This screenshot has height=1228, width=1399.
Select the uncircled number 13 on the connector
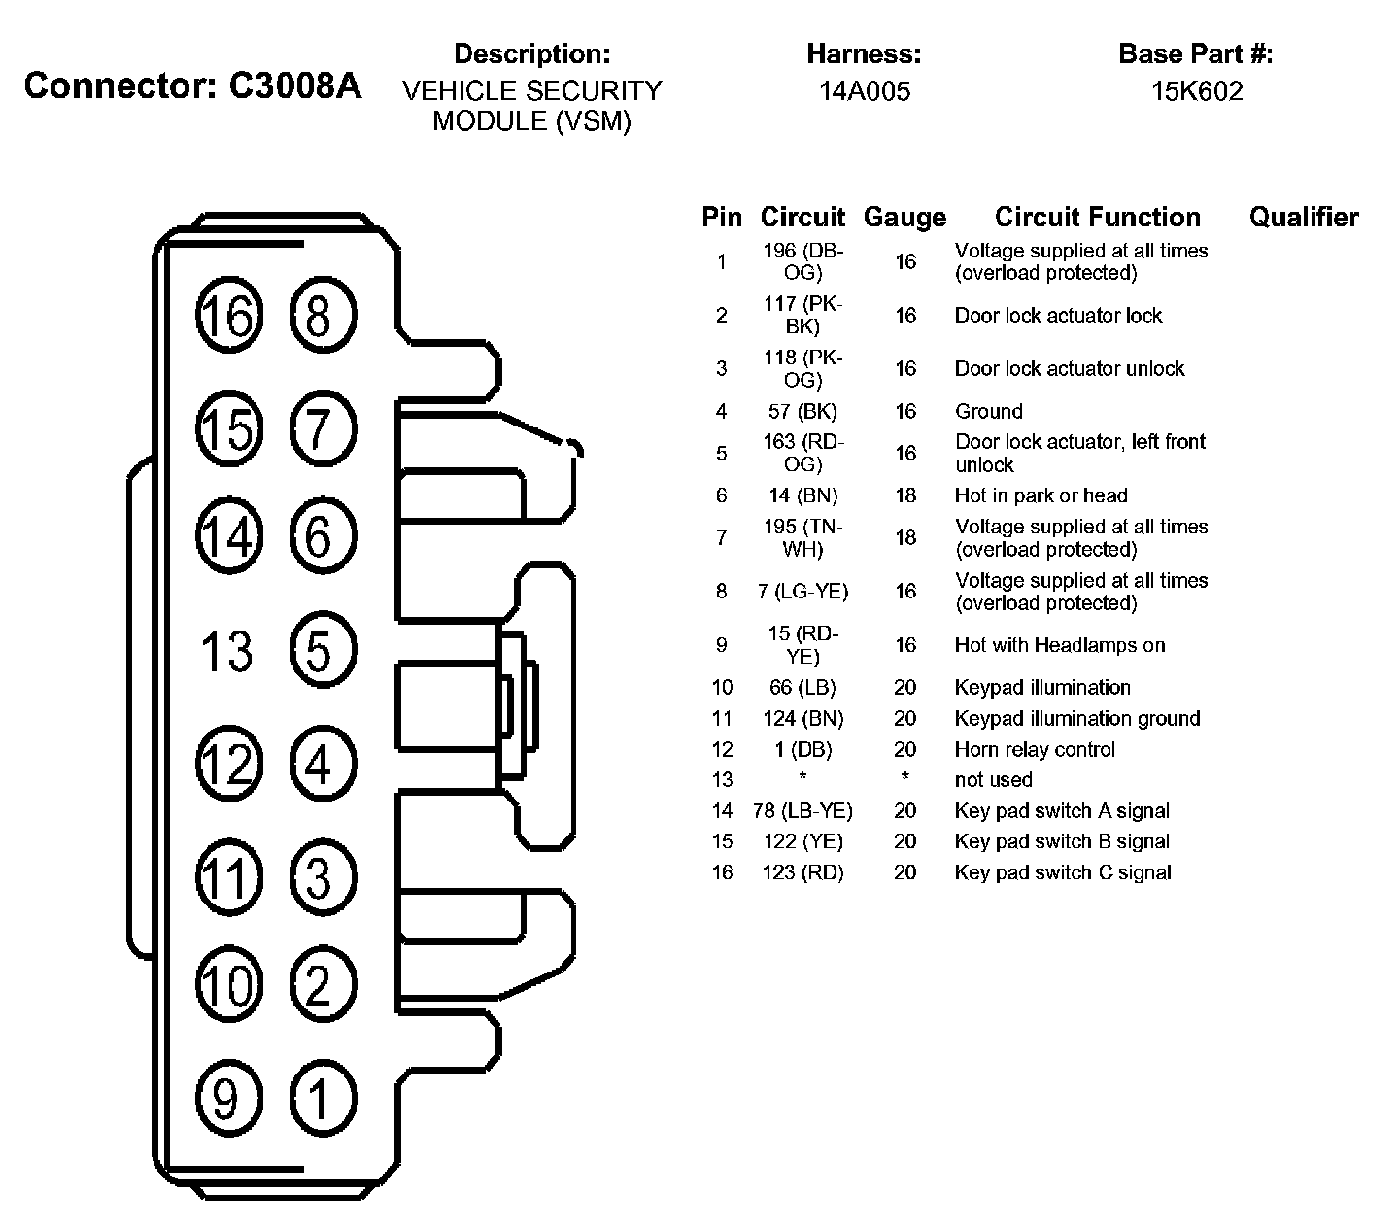pos(227,651)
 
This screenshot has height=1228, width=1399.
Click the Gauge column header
pos(904,218)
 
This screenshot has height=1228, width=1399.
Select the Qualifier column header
pos(1304,218)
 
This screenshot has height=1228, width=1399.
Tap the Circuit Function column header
pos(1098,218)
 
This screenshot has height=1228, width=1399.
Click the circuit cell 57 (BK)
pos(802,412)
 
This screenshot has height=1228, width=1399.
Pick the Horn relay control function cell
pos(1035,750)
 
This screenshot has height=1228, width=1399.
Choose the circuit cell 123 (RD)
pos(802,872)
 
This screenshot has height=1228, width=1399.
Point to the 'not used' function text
pos(993,780)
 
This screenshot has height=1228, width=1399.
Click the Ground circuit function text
pos(988,412)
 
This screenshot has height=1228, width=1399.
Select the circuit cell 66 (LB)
pos(802,688)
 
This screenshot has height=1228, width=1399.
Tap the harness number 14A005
pos(864,92)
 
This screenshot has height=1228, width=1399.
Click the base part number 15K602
pos(1197,92)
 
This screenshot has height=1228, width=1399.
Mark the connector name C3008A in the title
pos(295,86)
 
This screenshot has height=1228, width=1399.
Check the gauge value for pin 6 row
pos(905,496)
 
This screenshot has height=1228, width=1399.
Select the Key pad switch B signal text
pos(1062,841)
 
